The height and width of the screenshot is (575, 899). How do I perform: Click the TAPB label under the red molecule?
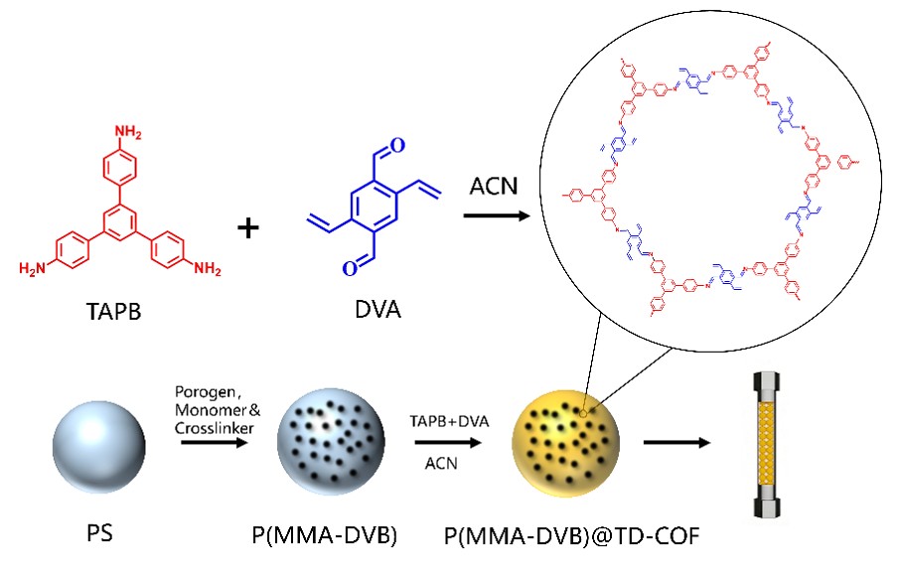coord(113,311)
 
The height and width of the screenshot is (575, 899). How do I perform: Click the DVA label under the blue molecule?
coord(377,310)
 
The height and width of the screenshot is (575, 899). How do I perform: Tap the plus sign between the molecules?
coord(248,228)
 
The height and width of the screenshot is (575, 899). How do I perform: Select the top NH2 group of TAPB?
coord(128,132)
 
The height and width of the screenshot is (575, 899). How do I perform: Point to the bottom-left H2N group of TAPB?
coord(32,268)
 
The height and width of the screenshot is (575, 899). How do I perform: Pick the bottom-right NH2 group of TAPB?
coord(207,268)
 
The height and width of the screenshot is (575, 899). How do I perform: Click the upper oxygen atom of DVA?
coord(397,146)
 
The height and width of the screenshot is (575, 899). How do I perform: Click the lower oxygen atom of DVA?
coord(350,268)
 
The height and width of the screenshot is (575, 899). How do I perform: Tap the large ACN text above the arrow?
coord(494,187)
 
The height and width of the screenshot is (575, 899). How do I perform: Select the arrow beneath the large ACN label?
coord(497,216)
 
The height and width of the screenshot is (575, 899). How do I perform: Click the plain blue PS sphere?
coord(98,447)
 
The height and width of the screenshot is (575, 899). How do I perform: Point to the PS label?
coord(99,533)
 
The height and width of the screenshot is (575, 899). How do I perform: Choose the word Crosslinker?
coord(215,428)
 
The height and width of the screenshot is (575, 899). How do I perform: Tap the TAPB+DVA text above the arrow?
coord(449,422)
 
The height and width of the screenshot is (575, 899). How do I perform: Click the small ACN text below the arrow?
coord(441,463)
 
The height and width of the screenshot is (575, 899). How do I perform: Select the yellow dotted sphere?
coord(565,444)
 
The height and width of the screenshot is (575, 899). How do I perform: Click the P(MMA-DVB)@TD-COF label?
coord(571,536)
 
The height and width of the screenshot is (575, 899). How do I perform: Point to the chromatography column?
coord(767,444)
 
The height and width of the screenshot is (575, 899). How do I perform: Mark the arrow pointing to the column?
coord(677,443)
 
